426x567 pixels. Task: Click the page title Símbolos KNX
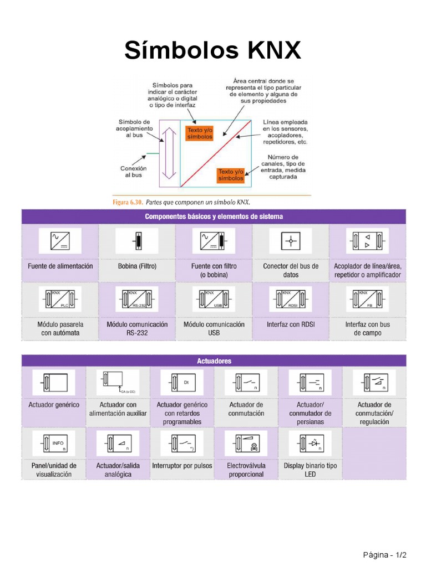point(212,51)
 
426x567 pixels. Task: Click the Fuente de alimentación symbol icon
point(60,241)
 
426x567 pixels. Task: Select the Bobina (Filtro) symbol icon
point(137,241)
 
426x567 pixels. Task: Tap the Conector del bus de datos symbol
point(291,241)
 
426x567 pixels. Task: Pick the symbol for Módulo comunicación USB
point(214,300)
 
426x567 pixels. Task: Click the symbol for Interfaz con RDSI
point(291,300)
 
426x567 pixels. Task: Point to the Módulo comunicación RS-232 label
point(137,329)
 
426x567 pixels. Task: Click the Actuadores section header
point(214,361)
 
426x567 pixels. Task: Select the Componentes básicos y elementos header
point(214,217)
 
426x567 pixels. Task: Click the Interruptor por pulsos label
point(182,466)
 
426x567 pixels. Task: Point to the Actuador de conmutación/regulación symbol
point(374,383)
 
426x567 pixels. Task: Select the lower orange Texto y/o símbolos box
point(231,175)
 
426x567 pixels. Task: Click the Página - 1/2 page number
point(385,555)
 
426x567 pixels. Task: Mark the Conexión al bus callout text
point(133,171)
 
